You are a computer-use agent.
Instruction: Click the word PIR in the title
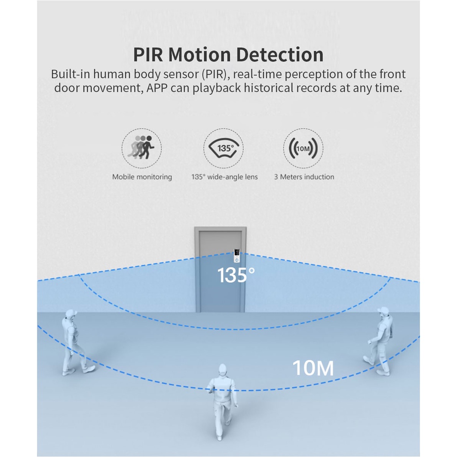(148, 55)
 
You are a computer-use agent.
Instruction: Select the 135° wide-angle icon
(223, 148)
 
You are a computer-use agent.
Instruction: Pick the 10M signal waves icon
(303, 148)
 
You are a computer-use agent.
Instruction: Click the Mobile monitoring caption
(142, 177)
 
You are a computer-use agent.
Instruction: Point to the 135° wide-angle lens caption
(224, 177)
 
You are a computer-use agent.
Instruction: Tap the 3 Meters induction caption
(304, 177)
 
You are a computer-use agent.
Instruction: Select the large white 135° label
(236, 276)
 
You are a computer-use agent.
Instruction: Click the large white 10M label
(313, 368)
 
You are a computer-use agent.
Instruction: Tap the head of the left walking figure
(70, 314)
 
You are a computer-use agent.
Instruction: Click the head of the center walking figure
(222, 369)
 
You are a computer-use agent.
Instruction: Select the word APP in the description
(156, 88)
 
